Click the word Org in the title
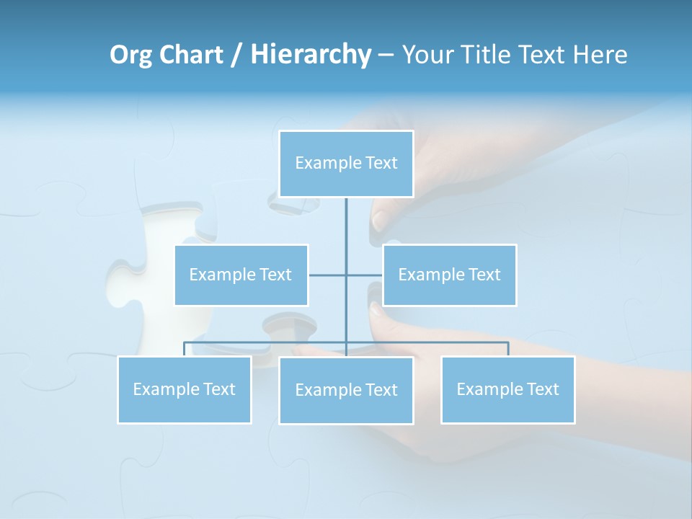tap(130, 55)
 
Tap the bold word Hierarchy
tap(310, 55)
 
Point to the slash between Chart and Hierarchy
tap(236, 55)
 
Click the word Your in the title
tap(425, 55)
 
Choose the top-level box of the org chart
tap(346, 164)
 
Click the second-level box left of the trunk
tap(241, 275)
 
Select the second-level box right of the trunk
tap(449, 275)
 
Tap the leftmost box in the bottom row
tap(184, 389)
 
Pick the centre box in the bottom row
tap(346, 390)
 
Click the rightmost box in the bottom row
tap(507, 389)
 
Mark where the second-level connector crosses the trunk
tap(346, 275)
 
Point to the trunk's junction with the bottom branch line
tap(346, 342)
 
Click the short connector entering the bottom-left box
tap(184, 349)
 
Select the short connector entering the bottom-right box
tap(508, 349)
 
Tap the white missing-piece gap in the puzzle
tap(155, 267)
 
